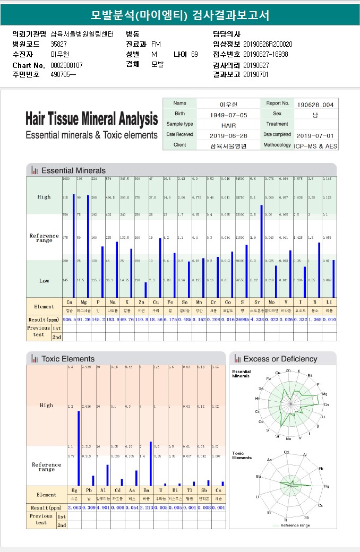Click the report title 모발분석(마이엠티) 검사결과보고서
[180, 15]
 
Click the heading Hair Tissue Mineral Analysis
[91, 118]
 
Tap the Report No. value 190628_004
[315, 105]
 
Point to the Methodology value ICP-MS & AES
[316, 145]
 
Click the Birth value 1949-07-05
[228, 115]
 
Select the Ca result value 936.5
[70, 320]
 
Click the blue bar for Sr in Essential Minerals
[261, 251]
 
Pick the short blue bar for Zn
[145, 289]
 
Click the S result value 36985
[242, 320]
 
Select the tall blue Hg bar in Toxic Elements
[79, 448]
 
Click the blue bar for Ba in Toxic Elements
[151, 463]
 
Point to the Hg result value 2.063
[74, 507]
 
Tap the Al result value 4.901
[103, 507]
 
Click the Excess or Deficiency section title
[280, 359]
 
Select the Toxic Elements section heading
[68, 359]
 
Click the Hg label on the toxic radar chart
[327, 486]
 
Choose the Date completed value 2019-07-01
[315, 135]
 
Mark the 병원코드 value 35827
[59, 44]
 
